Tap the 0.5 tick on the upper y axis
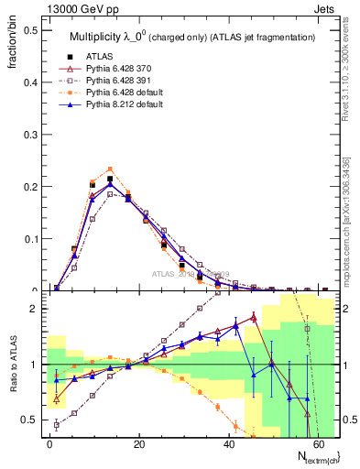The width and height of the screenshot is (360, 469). (31, 29)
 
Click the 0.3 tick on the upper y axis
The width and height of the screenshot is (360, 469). (31, 134)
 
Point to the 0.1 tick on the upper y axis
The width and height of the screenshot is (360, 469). (31, 239)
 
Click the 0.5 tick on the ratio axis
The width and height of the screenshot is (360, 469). (31, 420)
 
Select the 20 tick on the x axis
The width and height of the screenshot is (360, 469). (139, 443)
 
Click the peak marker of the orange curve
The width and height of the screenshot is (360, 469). (110, 169)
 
